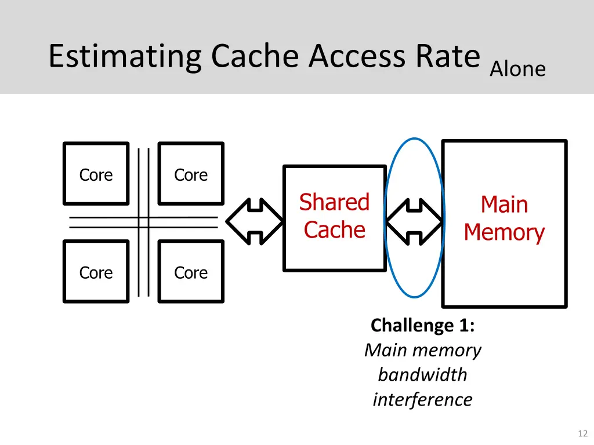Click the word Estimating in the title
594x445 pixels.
point(125,57)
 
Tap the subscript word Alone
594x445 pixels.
point(517,70)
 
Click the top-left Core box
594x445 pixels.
point(96,174)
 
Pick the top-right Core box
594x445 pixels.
point(191,174)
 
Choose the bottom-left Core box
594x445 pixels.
point(96,272)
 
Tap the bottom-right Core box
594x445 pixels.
point(191,272)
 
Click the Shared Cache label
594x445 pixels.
point(334,216)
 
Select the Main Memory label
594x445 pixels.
point(504,218)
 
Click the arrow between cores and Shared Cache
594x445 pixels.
point(253,221)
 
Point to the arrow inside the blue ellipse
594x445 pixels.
point(414,221)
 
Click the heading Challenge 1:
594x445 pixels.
point(422,325)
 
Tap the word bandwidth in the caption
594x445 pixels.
point(422,375)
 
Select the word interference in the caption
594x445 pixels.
point(422,400)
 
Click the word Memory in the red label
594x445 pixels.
point(504,232)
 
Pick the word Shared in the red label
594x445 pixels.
point(334,202)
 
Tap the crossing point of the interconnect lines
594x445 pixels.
point(143,222)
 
